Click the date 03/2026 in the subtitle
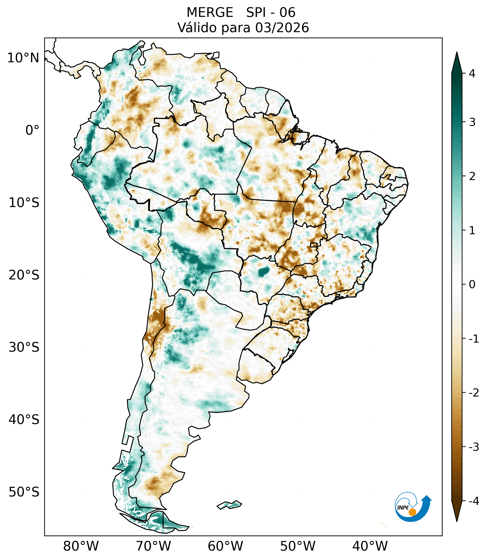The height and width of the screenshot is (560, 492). coord(282,28)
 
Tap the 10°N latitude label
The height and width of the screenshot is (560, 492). coord(23,58)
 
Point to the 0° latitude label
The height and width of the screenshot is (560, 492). coord(32,130)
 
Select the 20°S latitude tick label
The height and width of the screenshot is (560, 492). coord(24,275)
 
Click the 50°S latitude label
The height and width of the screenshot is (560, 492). coord(24,492)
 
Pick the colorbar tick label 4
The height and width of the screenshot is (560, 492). coord(472,74)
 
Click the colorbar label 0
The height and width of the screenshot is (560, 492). coord(472,285)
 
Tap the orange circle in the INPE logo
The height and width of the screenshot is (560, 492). coord(412,512)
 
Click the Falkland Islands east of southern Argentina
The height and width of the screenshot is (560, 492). coord(229,505)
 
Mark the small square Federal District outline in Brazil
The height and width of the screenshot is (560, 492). coord(313,245)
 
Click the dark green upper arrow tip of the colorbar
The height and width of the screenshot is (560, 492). coord(457,62)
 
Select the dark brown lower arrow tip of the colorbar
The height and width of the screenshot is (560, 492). coord(457,512)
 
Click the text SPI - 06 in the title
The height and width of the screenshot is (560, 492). coord(271,13)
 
